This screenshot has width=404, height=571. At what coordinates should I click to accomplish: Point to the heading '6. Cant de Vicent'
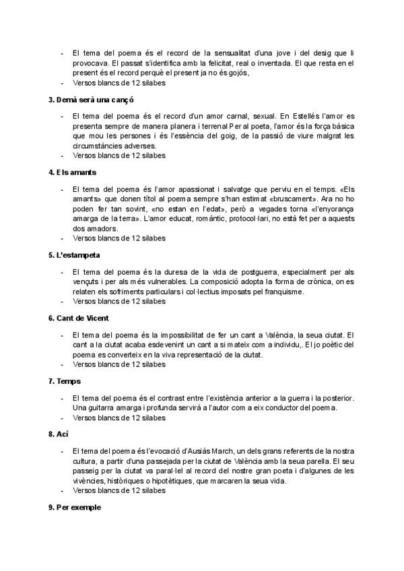(79, 318)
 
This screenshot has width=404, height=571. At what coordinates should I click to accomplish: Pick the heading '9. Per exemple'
(74, 507)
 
